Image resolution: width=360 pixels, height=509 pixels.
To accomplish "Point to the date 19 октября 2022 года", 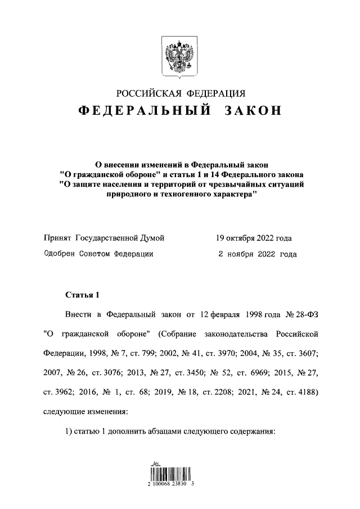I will (254, 238).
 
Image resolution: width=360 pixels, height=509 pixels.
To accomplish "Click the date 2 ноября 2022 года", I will (257, 254).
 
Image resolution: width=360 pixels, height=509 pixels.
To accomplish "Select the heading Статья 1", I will (83, 295).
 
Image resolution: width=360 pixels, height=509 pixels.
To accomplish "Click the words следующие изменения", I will (86, 411).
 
